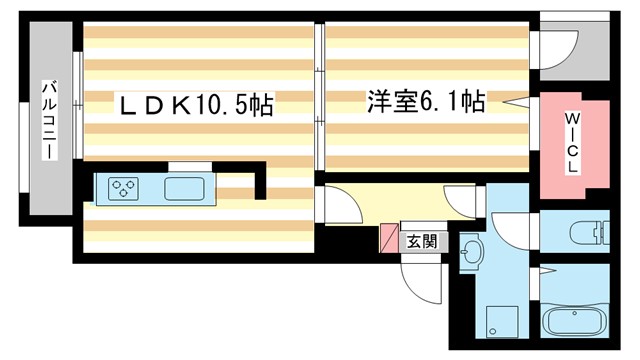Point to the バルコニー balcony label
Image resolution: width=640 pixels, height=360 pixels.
(47, 120)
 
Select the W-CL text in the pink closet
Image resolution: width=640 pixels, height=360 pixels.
(573, 143)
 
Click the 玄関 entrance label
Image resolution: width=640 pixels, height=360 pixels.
(422, 240)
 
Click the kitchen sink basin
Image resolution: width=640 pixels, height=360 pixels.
(182, 188)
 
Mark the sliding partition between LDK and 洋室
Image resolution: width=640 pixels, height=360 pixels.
(319, 100)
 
